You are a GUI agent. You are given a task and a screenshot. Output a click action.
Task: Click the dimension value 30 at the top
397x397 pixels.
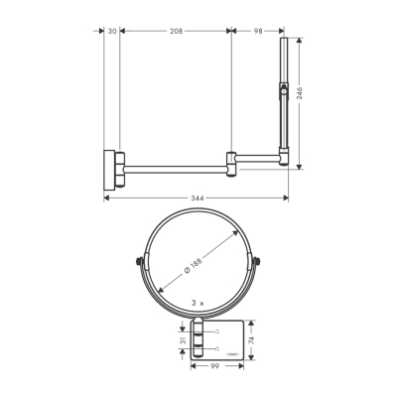click(112, 31)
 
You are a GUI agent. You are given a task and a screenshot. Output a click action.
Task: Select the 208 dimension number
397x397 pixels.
click(177, 31)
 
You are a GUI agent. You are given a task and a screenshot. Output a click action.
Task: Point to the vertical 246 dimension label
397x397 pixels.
click(300, 94)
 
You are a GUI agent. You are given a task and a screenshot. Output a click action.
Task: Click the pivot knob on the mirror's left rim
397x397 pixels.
click(136, 263)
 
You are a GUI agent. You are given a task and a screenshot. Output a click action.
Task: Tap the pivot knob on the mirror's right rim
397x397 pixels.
click(260, 263)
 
